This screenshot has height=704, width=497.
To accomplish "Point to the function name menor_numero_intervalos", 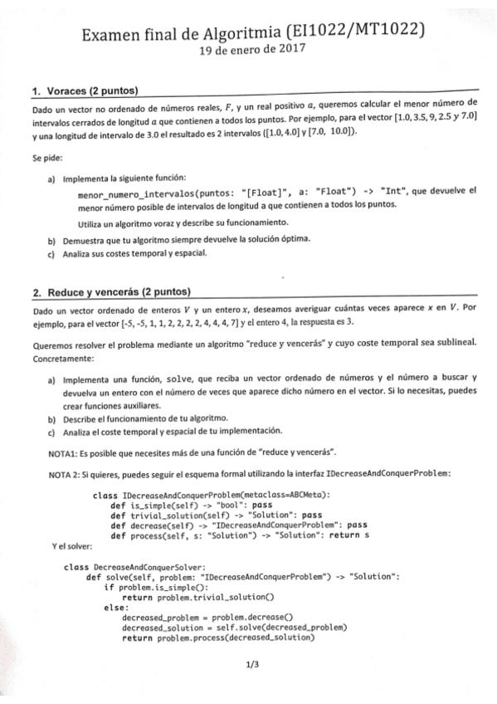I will tap(142, 190).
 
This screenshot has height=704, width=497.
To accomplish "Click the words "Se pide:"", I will tap(46, 155).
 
